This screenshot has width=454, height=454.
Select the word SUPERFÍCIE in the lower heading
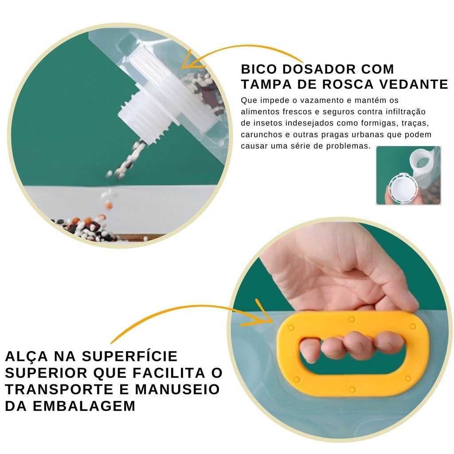129,356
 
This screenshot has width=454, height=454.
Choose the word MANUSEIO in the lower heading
177,389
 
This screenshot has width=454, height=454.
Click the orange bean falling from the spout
109,205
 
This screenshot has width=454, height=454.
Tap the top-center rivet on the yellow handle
352,319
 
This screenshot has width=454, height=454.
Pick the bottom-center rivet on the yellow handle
352,389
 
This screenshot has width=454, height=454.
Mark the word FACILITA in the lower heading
169,373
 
